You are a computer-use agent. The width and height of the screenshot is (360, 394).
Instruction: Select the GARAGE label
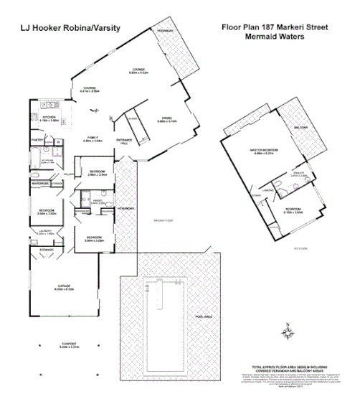64,285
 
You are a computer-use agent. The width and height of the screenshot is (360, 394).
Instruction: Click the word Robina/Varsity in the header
94,29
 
